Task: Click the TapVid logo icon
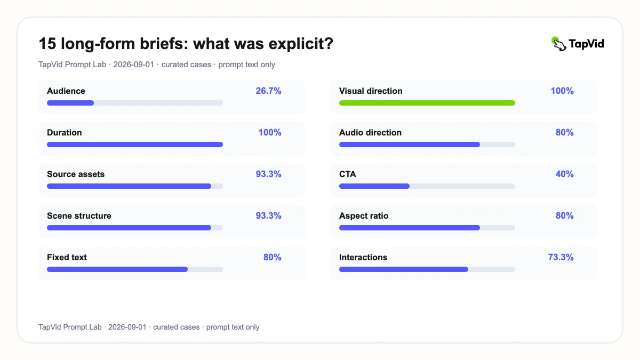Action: point(558,44)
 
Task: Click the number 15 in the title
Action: point(47,44)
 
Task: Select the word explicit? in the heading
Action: point(301,44)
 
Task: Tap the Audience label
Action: point(66,91)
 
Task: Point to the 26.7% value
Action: point(268,91)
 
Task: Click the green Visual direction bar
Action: point(427,103)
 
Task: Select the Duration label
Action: point(65,133)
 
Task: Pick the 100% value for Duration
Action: point(270,133)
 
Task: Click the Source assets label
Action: point(76,174)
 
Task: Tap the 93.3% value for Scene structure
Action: point(268,215)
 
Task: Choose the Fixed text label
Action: point(67,258)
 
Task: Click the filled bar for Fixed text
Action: point(117,269)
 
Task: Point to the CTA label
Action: point(347,174)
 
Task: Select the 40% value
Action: point(564,174)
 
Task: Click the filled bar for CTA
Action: point(374,186)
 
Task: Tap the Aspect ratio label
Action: point(364,215)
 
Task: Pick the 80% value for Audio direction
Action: point(564,133)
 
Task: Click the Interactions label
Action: point(363,258)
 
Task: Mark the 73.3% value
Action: point(561,258)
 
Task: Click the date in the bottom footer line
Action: point(127,327)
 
